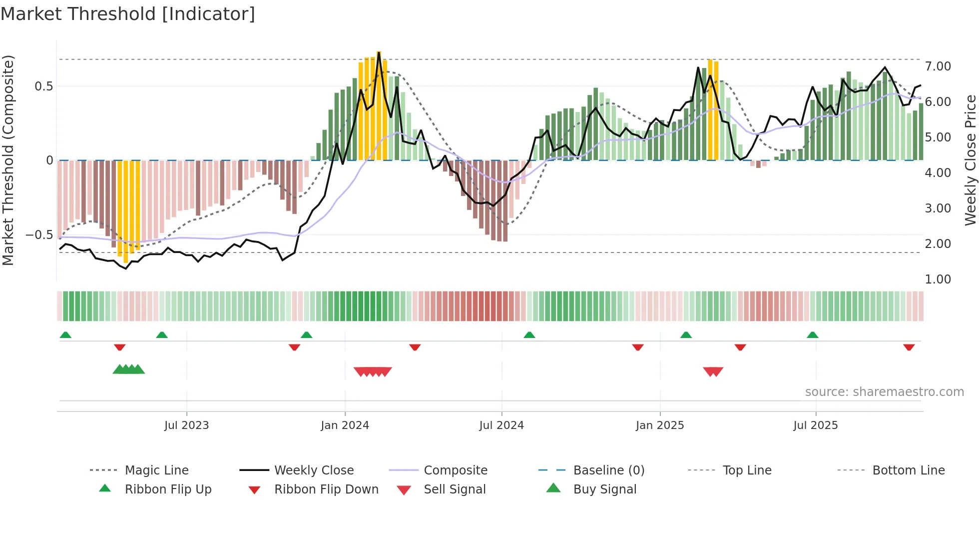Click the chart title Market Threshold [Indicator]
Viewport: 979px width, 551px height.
(x=128, y=14)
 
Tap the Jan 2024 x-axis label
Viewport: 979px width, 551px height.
(x=345, y=425)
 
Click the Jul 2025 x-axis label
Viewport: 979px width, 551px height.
(x=815, y=425)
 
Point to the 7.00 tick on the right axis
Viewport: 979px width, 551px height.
(x=938, y=66)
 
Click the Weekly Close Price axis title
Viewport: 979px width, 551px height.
(x=970, y=160)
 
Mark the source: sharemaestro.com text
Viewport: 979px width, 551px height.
(x=884, y=392)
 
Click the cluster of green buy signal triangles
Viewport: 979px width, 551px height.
(x=129, y=369)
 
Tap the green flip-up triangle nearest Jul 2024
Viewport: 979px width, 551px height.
(x=529, y=335)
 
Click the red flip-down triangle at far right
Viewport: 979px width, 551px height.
(x=909, y=347)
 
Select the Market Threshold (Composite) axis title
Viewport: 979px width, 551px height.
(x=8, y=160)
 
